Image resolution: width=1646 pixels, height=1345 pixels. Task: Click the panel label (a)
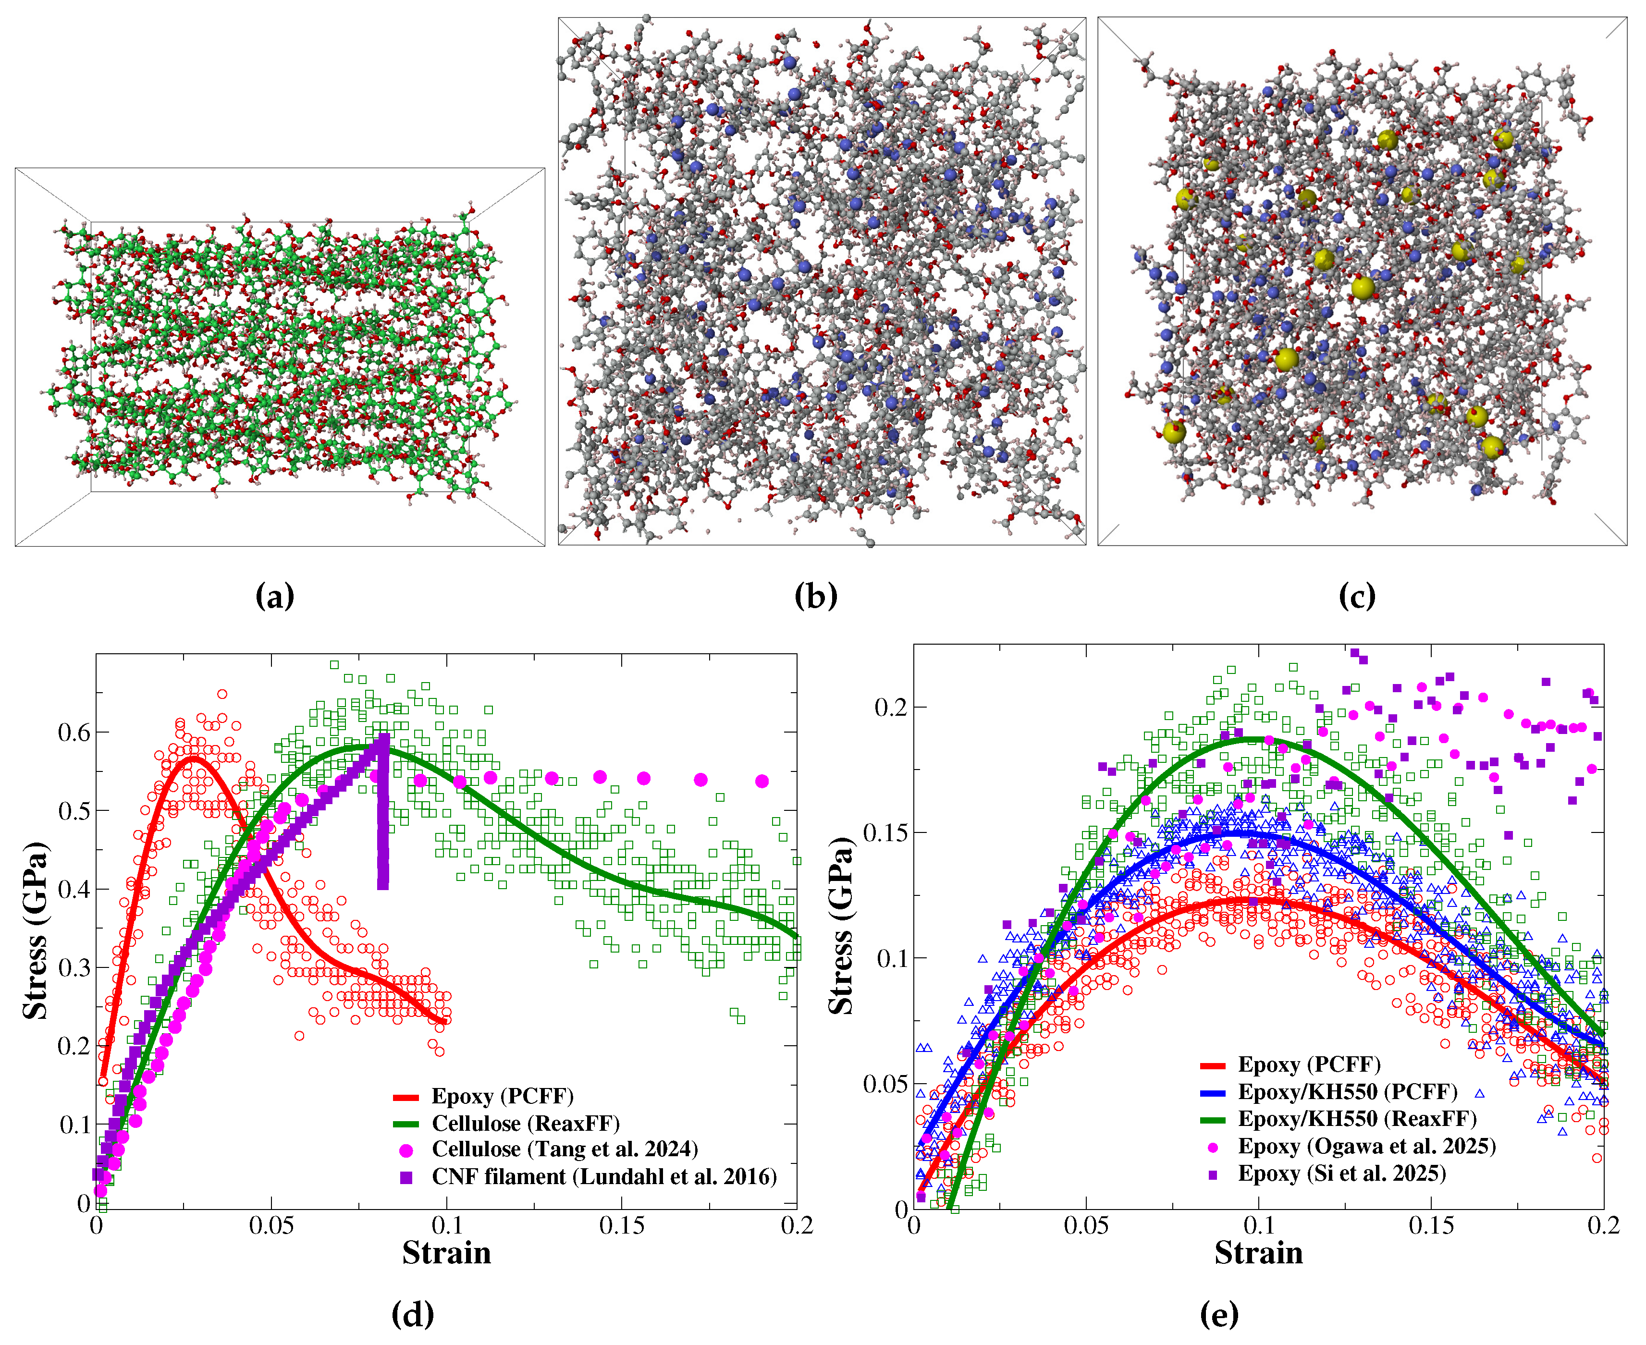tap(274, 597)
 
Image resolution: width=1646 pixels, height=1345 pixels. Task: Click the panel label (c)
tap(1356, 597)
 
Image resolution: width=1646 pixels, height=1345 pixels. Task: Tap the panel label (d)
tap(412, 1314)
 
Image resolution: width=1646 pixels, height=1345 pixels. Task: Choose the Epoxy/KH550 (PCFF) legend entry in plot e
tap(1347, 1092)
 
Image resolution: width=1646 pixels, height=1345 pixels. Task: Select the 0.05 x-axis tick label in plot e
tap(1086, 1226)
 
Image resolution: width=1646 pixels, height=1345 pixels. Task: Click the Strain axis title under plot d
tap(446, 1253)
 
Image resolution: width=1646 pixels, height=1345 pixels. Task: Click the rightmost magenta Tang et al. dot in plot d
tap(762, 781)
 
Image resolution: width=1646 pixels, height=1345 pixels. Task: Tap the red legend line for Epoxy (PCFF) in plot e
tap(1212, 1066)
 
